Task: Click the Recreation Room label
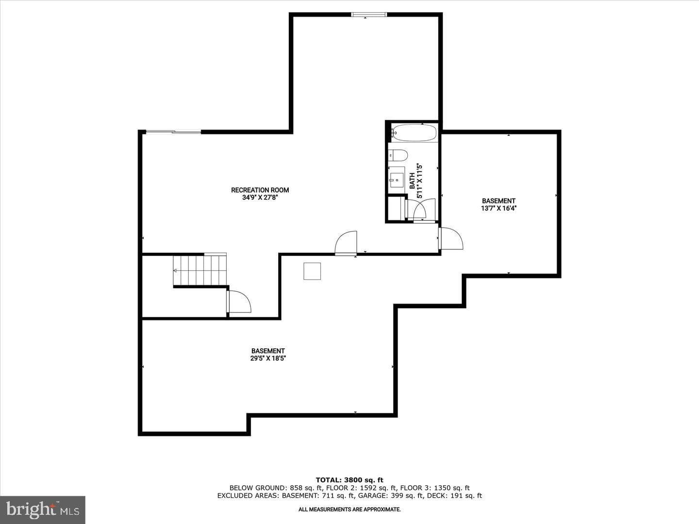tap(260, 190)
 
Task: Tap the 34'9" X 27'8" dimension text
tap(260, 197)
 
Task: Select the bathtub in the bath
tap(414, 132)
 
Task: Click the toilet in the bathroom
tap(398, 155)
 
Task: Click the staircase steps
tap(200, 270)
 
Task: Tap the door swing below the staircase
tap(239, 302)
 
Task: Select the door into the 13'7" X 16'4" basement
tap(450, 238)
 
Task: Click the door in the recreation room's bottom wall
tap(346, 243)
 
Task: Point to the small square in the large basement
tap(312, 271)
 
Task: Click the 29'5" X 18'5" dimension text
tap(268, 358)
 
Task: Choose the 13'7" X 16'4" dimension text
tap(499, 209)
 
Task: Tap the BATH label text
tap(412, 180)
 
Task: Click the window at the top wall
tap(369, 15)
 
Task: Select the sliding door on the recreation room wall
tap(173, 131)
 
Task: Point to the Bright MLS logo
tap(43, 510)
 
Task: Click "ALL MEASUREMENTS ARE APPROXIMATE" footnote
tap(349, 509)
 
